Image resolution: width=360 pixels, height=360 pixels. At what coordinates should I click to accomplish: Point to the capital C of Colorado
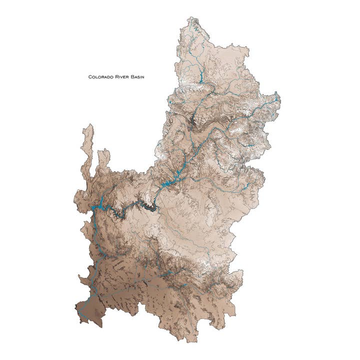click(x=90, y=77)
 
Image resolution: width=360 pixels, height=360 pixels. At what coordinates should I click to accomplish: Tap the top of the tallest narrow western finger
click(x=88, y=125)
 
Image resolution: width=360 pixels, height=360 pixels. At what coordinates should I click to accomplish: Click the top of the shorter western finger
click(x=104, y=150)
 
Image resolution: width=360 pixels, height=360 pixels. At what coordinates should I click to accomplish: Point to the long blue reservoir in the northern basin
click(x=198, y=77)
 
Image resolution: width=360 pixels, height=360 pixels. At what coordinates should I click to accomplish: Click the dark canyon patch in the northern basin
click(x=193, y=120)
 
